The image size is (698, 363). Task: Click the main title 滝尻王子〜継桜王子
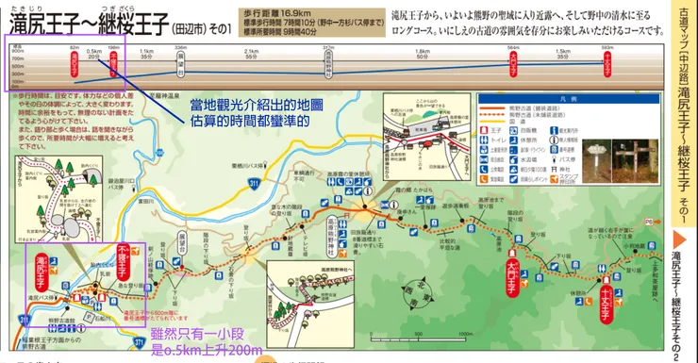[104, 19]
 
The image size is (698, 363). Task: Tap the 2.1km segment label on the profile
[251, 52]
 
